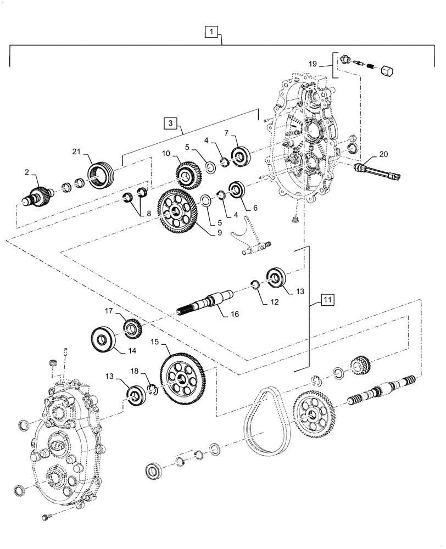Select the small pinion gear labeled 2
(x=39, y=195)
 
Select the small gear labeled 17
(x=133, y=329)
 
